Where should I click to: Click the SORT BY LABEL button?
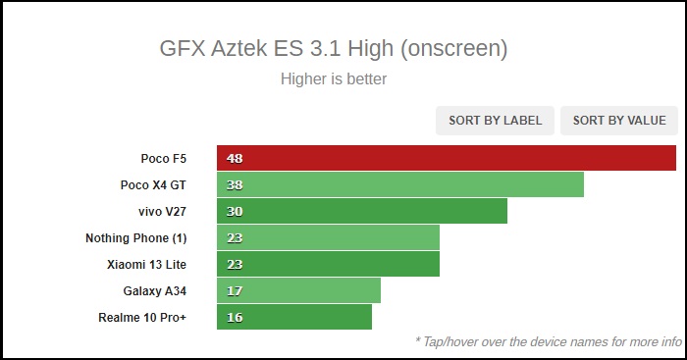tap(496, 121)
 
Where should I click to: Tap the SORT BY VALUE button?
tap(619, 121)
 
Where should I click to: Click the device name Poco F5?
tap(163, 158)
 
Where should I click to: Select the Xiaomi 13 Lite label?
tap(146, 264)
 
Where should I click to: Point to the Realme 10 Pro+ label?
tap(142, 317)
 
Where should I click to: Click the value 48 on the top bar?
tap(235, 158)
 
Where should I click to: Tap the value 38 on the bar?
tap(235, 184)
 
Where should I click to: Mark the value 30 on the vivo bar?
tap(235, 211)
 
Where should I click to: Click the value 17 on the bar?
tap(235, 290)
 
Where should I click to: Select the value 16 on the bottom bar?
tap(235, 317)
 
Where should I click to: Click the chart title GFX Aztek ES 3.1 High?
tap(334, 48)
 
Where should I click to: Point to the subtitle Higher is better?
tap(334, 78)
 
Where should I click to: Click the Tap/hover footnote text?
tap(548, 342)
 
